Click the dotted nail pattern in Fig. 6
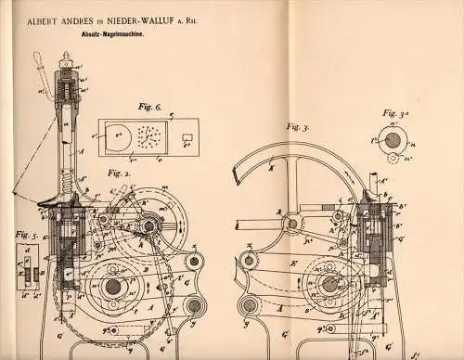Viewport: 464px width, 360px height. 149,139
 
